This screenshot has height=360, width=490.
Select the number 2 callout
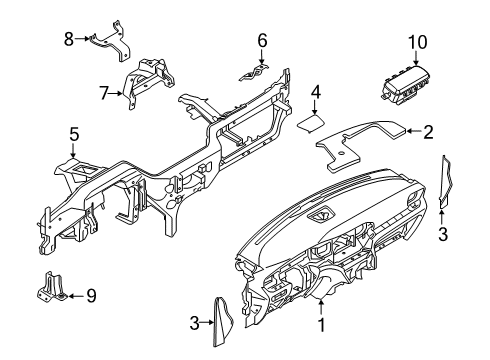[428, 130]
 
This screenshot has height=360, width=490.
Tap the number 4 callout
[315, 96]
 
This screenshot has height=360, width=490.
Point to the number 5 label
[73, 134]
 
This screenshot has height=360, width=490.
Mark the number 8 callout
[69, 39]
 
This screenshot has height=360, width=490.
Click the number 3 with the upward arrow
[442, 233]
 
